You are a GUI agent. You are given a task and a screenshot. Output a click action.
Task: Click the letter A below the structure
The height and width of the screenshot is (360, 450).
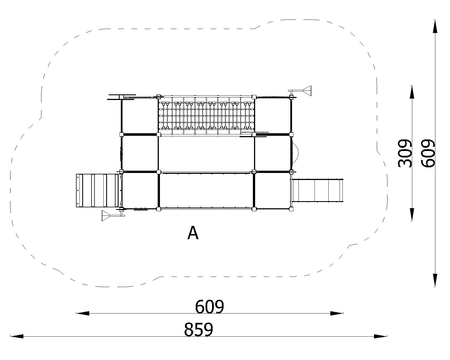(x=193, y=233)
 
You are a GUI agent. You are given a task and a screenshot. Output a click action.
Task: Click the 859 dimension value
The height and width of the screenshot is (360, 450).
(x=199, y=330)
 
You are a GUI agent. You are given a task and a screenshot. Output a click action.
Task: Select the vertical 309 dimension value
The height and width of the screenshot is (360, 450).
(x=405, y=153)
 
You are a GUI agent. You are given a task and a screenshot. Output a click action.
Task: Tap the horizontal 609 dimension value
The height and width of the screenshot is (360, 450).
(x=209, y=307)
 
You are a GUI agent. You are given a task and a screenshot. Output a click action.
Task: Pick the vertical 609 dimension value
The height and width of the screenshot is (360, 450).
(x=428, y=153)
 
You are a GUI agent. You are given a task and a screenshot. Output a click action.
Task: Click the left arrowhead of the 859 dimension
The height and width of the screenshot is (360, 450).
(x=17, y=336)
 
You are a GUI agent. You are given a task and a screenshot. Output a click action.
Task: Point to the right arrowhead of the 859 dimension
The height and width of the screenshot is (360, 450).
(x=380, y=336)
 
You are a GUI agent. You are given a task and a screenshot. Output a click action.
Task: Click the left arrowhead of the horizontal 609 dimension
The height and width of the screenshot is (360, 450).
(x=83, y=313)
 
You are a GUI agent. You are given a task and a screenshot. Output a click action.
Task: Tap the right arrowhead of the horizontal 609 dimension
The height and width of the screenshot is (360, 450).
(x=337, y=313)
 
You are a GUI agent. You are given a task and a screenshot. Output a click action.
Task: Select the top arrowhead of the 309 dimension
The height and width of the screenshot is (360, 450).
(x=412, y=92)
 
